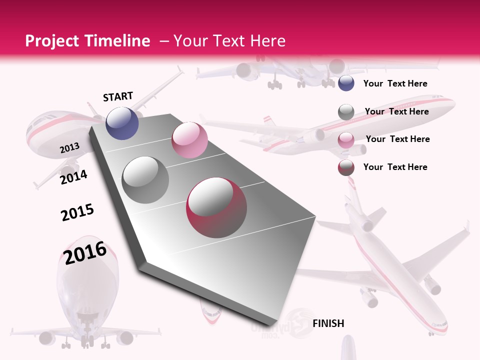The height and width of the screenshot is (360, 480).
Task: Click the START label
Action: coord(118,96)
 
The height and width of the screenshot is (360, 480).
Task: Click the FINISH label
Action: coord(328,323)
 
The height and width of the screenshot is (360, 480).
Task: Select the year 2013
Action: coord(69,148)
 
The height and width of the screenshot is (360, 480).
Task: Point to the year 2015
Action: coord(77,212)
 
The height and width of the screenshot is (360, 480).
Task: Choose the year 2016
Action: coord(85,252)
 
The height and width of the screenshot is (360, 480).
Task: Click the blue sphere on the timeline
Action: coord(122,123)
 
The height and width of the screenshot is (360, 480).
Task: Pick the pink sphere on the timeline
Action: coord(189,140)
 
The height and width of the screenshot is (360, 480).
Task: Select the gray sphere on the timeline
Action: coord(145,180)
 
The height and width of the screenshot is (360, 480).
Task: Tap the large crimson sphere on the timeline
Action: coord(216,208)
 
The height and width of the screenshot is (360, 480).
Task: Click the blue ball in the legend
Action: coord(346,83)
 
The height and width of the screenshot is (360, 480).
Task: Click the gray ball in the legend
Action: coord(346,112)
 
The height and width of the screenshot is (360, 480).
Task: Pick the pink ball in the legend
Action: coord(346,140)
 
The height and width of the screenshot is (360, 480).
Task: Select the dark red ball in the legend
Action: coord(346,167)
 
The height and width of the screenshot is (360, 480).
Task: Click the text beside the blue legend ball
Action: coord(395,83)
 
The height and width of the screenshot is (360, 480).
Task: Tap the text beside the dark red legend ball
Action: coord(395,167)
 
